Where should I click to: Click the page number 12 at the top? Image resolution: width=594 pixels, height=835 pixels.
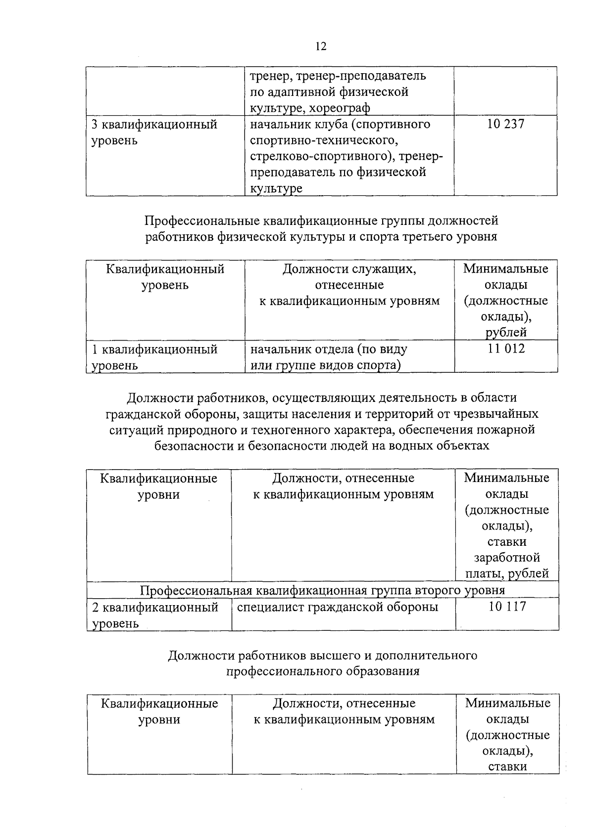pyautogui.click(x=321, y=46)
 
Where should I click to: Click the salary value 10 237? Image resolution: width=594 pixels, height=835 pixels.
pyautogui.click(x=505, y=125)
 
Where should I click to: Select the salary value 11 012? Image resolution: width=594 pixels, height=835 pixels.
pyautogui.click(x=505, y=349)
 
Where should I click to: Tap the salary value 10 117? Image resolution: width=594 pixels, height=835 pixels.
pyautogui.click(x=507, y=607)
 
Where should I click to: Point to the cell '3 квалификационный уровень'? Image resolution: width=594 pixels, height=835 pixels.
pyautogui.click(x=155, y=132)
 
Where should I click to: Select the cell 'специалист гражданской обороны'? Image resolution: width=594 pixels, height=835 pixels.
pyautogui.click(x=338, y=607)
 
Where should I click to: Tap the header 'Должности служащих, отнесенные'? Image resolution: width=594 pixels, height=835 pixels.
pyautogui.click(x=349, y=269)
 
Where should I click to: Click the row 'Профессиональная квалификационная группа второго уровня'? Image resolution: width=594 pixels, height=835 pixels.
pyautogui.click(x=323, y=590)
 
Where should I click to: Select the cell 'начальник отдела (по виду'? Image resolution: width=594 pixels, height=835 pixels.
pyautogui.click(x=329, y=350)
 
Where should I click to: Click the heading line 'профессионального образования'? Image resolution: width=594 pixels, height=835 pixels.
pyautogui.click(x=323, y=671)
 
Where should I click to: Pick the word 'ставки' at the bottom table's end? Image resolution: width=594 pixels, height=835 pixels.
pyautogui.click(x=507, y=767)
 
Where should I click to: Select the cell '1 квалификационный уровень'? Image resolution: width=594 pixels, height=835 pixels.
pyautogui.click(x=155, y=357)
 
